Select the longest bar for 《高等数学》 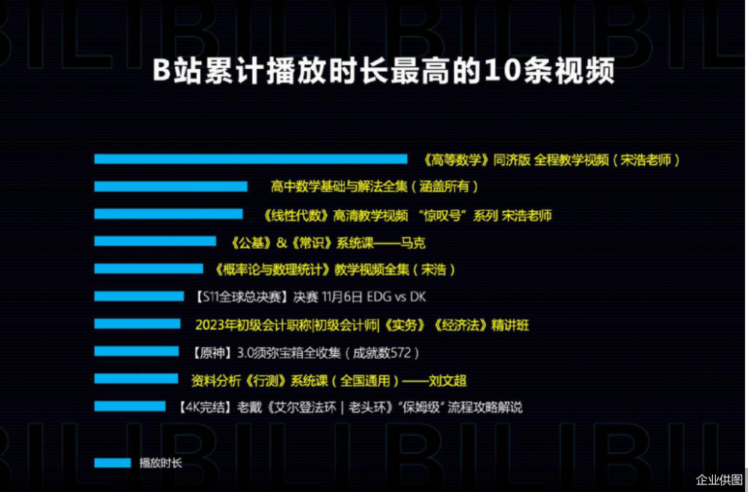251,159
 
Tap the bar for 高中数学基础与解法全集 171,186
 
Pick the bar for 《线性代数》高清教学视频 168,214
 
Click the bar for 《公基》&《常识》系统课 155,241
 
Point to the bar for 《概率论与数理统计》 149,268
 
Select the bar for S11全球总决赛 139,296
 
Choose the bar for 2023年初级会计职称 138,324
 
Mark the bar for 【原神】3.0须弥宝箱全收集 137,351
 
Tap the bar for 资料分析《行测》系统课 136,379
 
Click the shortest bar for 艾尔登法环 130,407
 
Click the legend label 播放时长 160,463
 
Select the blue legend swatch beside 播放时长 112,463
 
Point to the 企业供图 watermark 719,479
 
